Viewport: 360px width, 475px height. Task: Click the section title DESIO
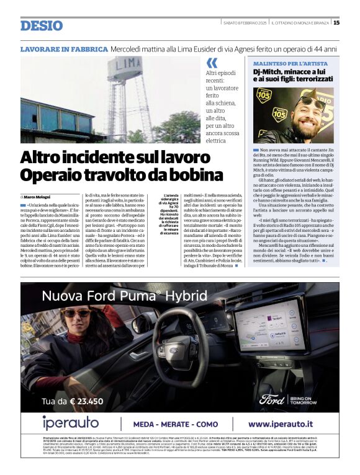click(x=42, y=25)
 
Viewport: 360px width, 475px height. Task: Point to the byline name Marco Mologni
click(x=38, y=197)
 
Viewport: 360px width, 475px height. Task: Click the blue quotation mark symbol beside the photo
click(x=211, y=63)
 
